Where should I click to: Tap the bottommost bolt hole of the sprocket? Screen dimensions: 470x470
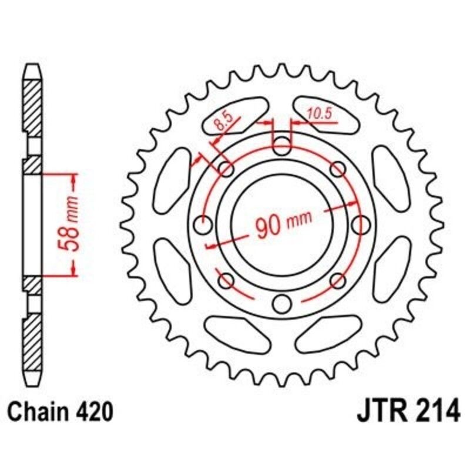(283, 304)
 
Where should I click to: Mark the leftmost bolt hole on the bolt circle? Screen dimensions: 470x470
(203, 224)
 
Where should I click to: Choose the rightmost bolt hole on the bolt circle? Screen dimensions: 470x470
(362, 224)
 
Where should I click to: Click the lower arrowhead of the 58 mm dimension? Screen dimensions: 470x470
(73, 271)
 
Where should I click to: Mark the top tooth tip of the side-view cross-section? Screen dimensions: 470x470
(33, 65)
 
